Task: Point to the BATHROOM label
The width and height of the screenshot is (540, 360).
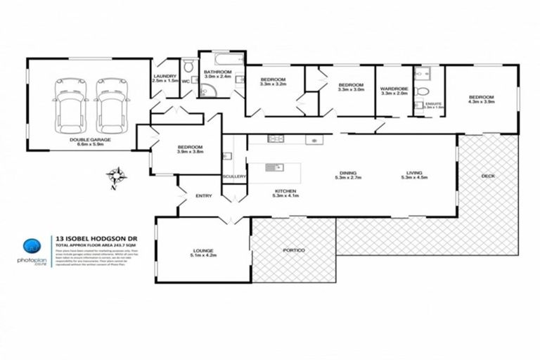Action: (x=218, y=74)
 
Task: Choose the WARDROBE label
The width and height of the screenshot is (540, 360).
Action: (x=393, y=90)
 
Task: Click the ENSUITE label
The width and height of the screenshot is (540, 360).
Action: (x=434, y=105)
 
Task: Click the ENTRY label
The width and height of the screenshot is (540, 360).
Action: (x=203, y=196)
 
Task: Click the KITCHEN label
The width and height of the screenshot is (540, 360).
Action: (x=284, y=192)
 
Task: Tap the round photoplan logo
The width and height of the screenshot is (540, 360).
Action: (x=31, y=246)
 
